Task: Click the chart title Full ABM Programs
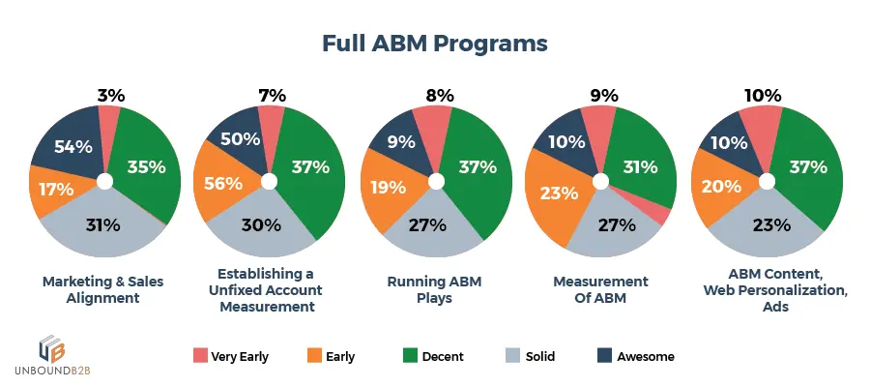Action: pyautogui.click(x=434, y=45)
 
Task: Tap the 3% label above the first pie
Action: pyautogui.click(x=110, y=95)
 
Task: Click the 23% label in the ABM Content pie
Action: pyautogui.click(x=768, y=225)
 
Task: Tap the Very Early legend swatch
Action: pyautogui.click(x=200, y=356)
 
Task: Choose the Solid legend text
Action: pyautogui.click(x=539, y=356)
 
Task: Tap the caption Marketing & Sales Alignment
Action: pyautogui.click(x=103, y=289)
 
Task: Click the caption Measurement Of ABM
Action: pyautogui.click(x=600, y=289)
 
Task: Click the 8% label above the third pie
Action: pyautogui.click(x=438, y=95)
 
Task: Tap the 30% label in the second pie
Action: pyautogui.click(x=261, y=225)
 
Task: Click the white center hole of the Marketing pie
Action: pyautogui.click(x=105, y=181)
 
